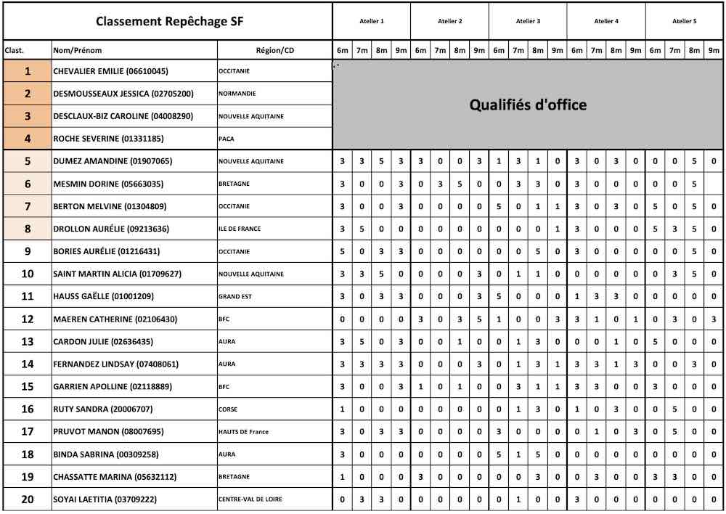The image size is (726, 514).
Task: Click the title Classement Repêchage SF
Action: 169,21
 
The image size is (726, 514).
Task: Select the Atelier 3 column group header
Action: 528,21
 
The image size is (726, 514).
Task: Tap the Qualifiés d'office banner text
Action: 528,105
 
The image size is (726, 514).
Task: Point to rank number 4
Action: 28,138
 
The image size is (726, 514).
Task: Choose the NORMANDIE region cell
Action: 237,94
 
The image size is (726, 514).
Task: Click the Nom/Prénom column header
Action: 78,50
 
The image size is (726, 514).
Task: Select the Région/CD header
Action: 275,50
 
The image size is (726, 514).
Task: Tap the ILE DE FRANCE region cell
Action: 240,229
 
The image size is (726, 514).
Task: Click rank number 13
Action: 28,341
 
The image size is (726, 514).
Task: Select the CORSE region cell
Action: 228,409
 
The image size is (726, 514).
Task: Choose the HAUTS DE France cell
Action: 243,432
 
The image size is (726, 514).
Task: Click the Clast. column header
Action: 15,50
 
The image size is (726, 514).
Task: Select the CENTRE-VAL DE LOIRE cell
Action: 250,499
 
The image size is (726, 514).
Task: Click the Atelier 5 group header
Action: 685,21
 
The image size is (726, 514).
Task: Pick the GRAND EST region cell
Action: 234,296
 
